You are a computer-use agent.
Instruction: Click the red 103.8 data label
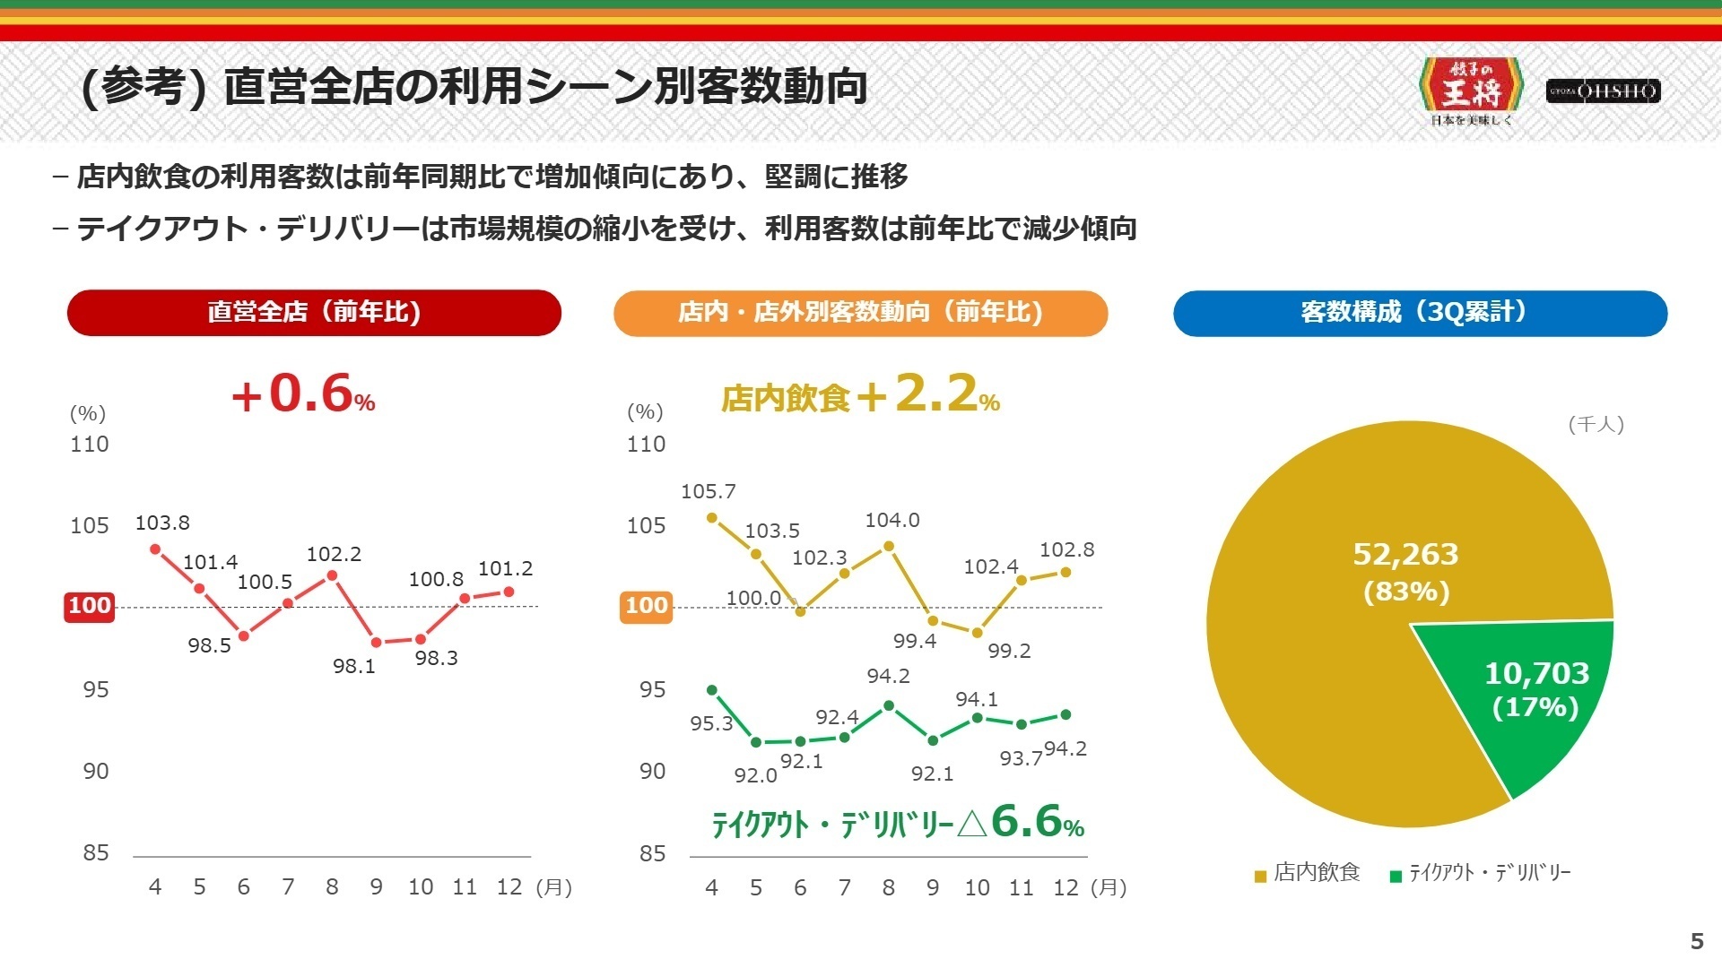point(162,523)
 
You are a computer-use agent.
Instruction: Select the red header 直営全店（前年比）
point(314,312)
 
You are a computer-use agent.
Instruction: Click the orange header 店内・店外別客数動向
point(860,312)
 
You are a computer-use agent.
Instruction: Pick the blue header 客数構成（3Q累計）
point(1420,312)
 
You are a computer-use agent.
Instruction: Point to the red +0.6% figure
point(303,394)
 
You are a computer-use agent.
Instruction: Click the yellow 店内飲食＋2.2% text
point(860,395)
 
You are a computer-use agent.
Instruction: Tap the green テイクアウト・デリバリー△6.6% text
point(898,822)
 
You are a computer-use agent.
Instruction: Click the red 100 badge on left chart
point(89,606)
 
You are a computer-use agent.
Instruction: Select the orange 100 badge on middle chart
point(646,606)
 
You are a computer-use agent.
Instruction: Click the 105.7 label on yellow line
point(708,491)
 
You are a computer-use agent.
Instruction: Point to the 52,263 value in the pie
point(1405,555)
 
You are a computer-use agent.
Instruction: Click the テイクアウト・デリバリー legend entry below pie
point(1481,872)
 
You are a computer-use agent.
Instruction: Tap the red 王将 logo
point(1472,91)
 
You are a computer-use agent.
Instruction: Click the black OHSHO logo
point(1603,91)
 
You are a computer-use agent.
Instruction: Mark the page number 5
point(1696,941)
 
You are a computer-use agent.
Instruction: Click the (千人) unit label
point(1596,424)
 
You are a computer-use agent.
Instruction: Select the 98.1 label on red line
point(354,666)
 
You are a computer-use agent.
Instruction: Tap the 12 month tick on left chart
point(509,886)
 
